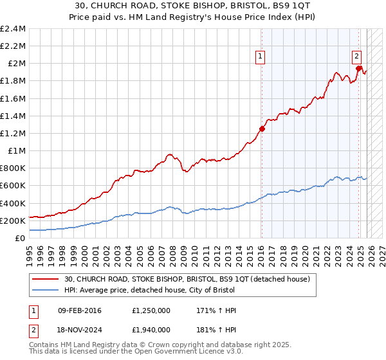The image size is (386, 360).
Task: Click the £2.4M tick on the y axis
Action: point(13,29)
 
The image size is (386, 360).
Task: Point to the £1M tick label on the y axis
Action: point(17,150)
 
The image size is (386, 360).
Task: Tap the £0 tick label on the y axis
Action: point(21,238)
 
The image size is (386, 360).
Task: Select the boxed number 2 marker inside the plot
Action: point(356,56)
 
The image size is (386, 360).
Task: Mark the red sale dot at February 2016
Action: point(262,129)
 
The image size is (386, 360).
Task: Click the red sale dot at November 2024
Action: point(358,68)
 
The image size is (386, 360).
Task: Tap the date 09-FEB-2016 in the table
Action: point(84,310)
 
